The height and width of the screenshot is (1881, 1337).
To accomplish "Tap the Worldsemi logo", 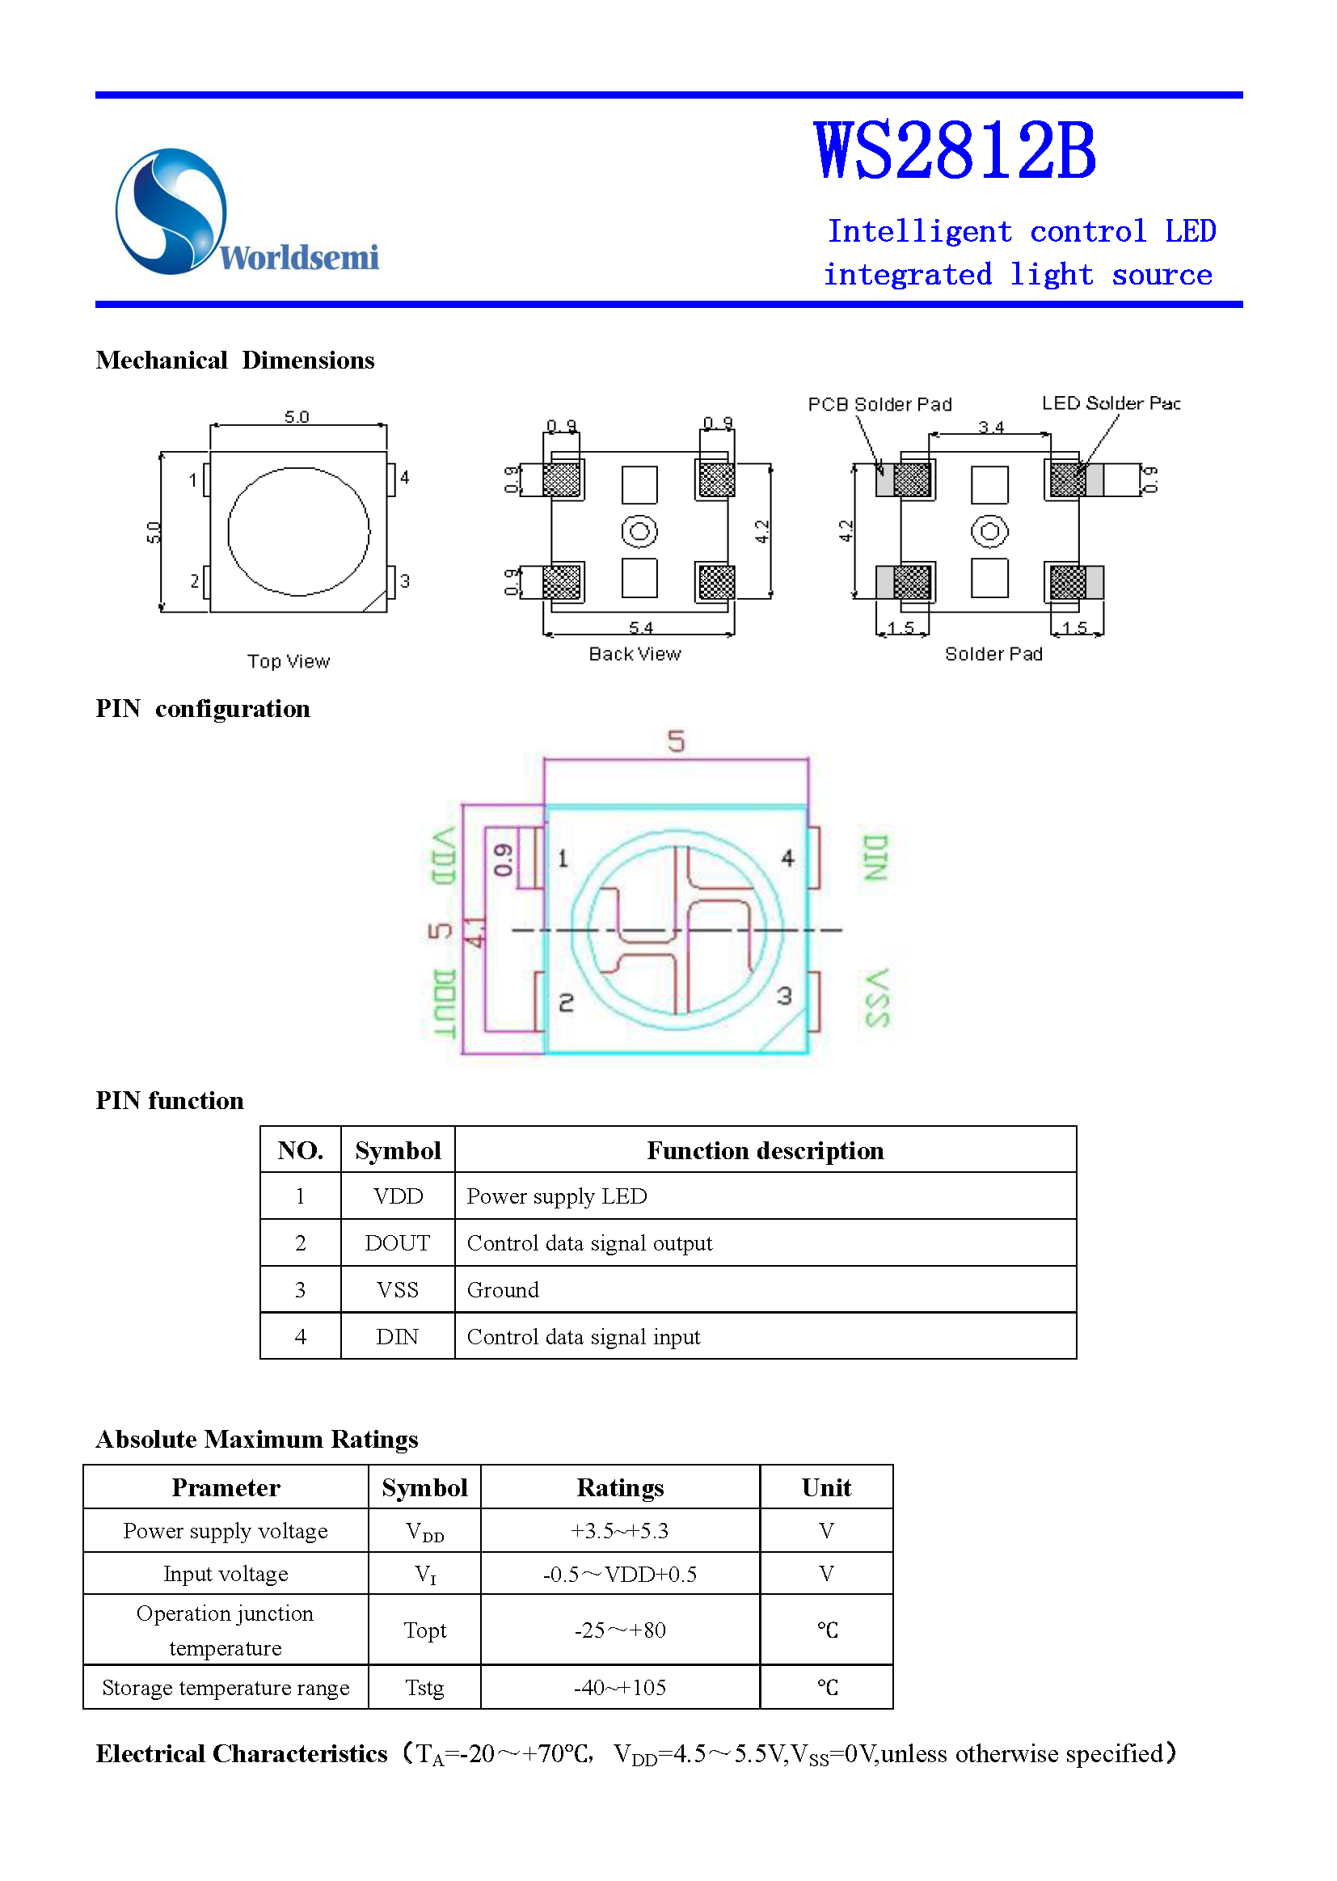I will coord(247,213).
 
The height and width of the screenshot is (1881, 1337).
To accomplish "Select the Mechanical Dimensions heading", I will coord(234,361).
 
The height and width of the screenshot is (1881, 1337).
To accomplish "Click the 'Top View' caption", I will coord(288,662).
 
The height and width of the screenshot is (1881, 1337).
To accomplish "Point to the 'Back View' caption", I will coord(635,655).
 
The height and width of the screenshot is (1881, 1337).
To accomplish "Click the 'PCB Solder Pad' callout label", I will coord(879,405).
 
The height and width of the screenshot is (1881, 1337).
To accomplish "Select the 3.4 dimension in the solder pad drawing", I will coord(990,428).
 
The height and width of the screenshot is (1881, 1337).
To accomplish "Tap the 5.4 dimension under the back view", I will coord(640,628).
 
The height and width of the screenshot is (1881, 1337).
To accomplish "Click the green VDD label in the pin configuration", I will coord(444,857).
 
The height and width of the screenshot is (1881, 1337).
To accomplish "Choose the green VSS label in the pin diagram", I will coord(877,997).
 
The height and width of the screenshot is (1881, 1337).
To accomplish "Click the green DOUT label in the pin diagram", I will coord(444,1003).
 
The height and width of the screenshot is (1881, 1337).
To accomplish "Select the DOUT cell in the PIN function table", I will coord(398,1243).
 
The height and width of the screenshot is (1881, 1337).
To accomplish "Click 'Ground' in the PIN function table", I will coord(502,1290).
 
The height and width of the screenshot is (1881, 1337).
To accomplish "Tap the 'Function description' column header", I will coord(765,1151).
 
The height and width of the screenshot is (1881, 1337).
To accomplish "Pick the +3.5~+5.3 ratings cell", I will coord(619,1531).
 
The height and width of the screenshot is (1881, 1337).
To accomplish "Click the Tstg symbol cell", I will coord(424,1688).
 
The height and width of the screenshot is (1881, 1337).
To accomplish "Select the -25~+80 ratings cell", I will coord(619,1630).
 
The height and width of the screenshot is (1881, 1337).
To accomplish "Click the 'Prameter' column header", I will coord(226,1487).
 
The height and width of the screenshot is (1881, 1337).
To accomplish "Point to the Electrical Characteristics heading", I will coord(241,1753).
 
